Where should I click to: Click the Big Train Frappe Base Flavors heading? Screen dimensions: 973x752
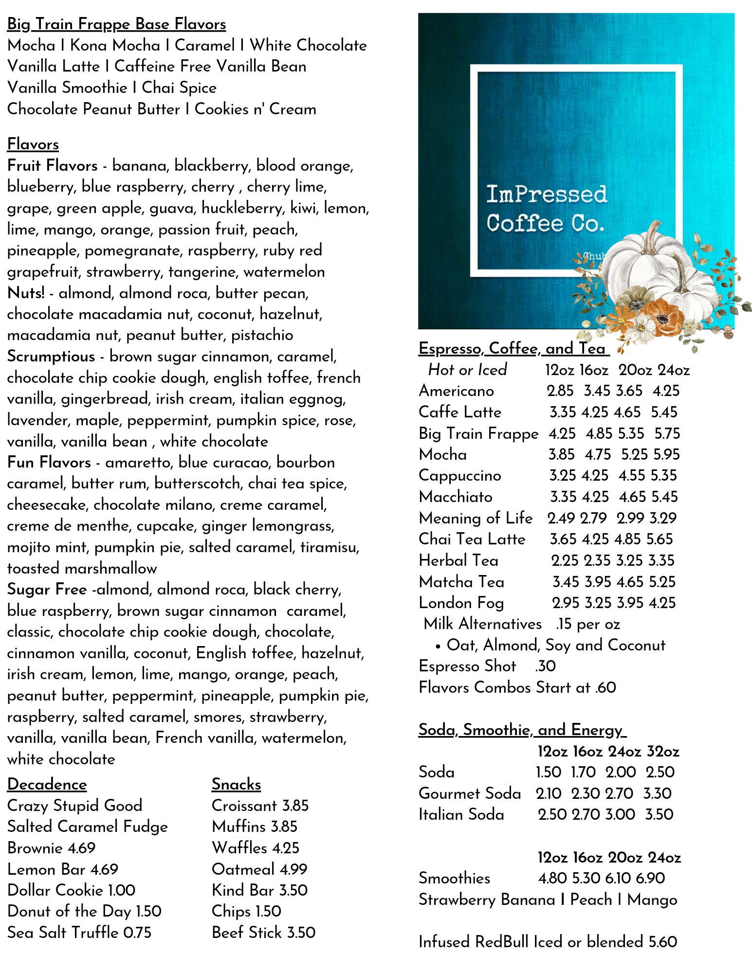[116, 24]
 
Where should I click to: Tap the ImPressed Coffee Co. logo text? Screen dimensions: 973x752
[546, 209]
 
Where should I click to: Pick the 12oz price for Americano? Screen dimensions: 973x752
[560, 391]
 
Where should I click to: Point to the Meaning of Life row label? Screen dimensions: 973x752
[476, 518]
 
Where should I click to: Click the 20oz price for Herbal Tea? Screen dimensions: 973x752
[629, 560]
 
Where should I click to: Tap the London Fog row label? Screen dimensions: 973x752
[461, 603]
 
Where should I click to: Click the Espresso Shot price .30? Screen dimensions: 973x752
[545, 666]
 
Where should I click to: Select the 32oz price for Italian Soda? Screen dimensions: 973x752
[660, 814]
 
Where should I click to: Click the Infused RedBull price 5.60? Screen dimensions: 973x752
[663, 942]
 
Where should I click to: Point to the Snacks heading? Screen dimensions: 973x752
[236, 784]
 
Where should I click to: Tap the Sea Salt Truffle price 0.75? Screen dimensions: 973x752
[137, 933]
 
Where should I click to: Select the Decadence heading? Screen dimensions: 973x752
[47, 784]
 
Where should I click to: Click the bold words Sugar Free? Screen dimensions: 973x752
[47, 589]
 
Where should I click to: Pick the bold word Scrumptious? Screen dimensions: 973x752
[51, 356]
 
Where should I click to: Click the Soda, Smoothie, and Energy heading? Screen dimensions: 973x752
[522, 730]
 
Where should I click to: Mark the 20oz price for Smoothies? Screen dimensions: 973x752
[617, 878]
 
